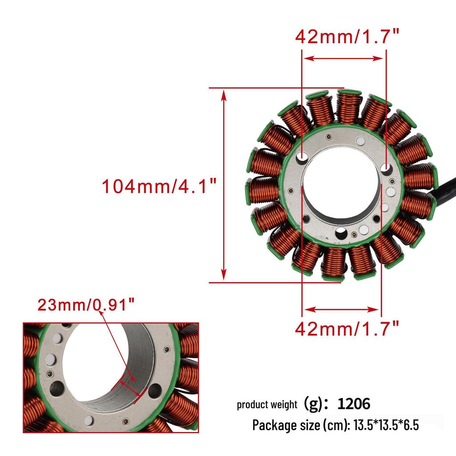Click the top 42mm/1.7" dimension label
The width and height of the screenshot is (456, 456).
click(347, 37)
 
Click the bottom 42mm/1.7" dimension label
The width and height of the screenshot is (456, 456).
click(347, 329)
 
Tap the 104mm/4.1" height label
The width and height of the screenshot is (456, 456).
click(159, 186)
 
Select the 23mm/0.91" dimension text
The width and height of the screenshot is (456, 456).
click(86, 305)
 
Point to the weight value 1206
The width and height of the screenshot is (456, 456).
click(354, 403)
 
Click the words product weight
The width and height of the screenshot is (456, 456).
click(267, 404)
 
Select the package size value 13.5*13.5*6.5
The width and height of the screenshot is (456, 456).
click(386, 425)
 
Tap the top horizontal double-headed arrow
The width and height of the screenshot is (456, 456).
click(344, 58)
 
